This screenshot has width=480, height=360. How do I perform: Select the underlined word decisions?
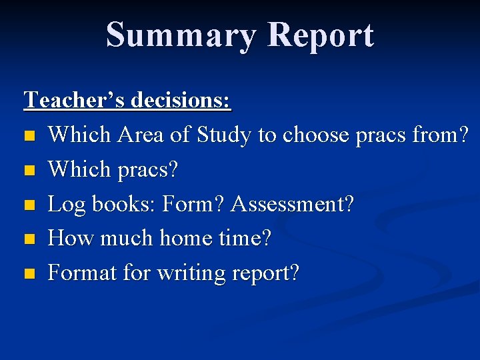[x=181, y=100]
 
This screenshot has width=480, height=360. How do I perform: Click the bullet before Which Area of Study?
[x=28, y=136]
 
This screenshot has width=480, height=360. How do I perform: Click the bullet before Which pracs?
[x=28, y=171]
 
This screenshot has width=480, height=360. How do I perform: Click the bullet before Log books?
[x=28, y=205]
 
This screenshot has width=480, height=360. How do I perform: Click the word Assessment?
[x=293, y=204]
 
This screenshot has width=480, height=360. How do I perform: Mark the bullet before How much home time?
[x=28, y=240]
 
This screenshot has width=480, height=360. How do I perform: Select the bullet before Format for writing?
[x=28, y=274]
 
